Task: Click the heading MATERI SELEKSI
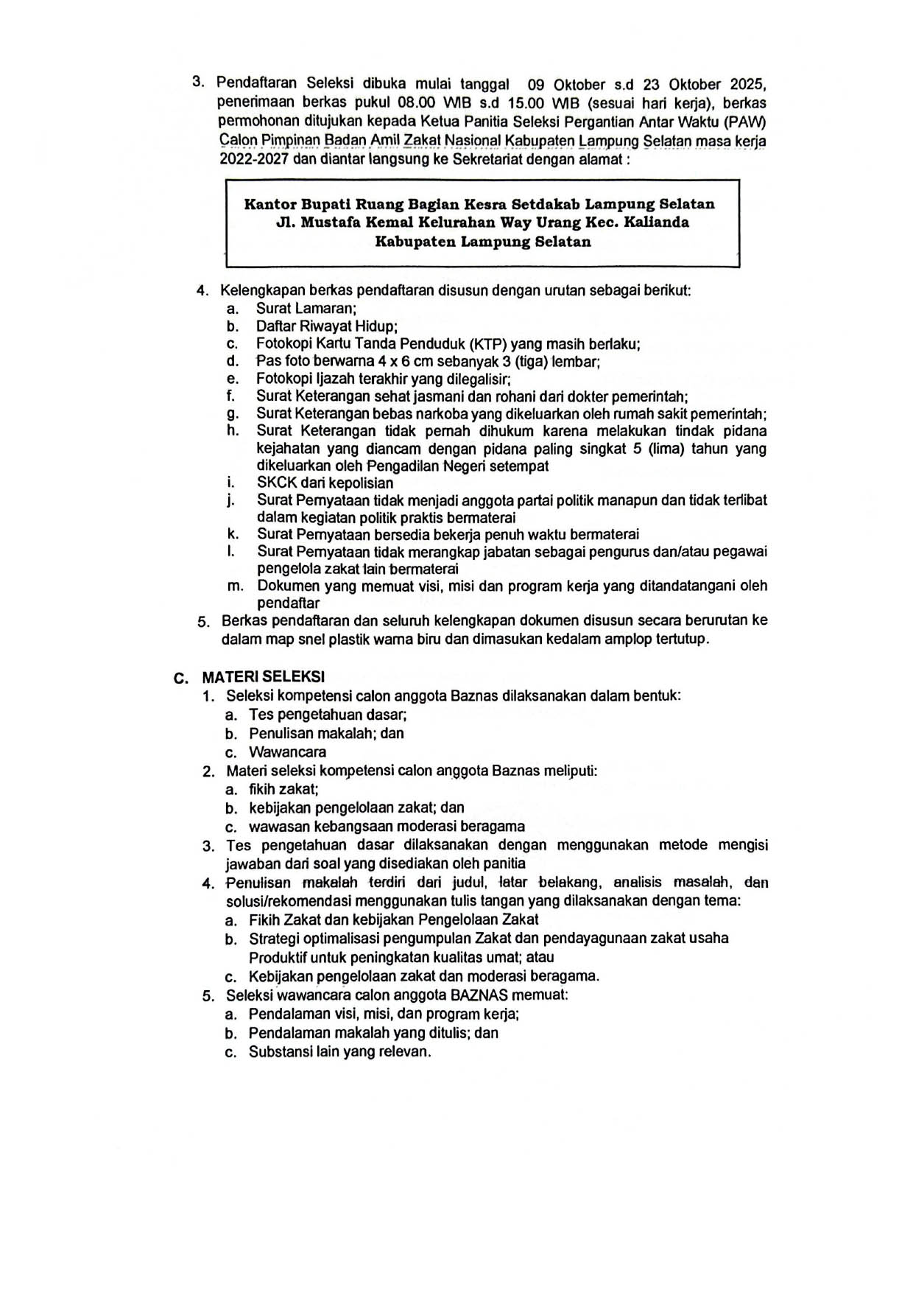tap(263, 676)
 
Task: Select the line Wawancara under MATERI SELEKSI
tap(287, 752)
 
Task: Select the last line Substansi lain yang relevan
tap(339, 1052)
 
